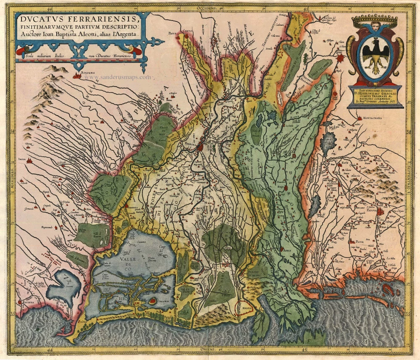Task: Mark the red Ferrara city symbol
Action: [x=200, y=147]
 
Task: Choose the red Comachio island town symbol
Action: [x=154, y=300]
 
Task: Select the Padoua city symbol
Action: [x=381, y=212]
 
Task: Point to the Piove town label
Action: [x=359, y=242]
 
